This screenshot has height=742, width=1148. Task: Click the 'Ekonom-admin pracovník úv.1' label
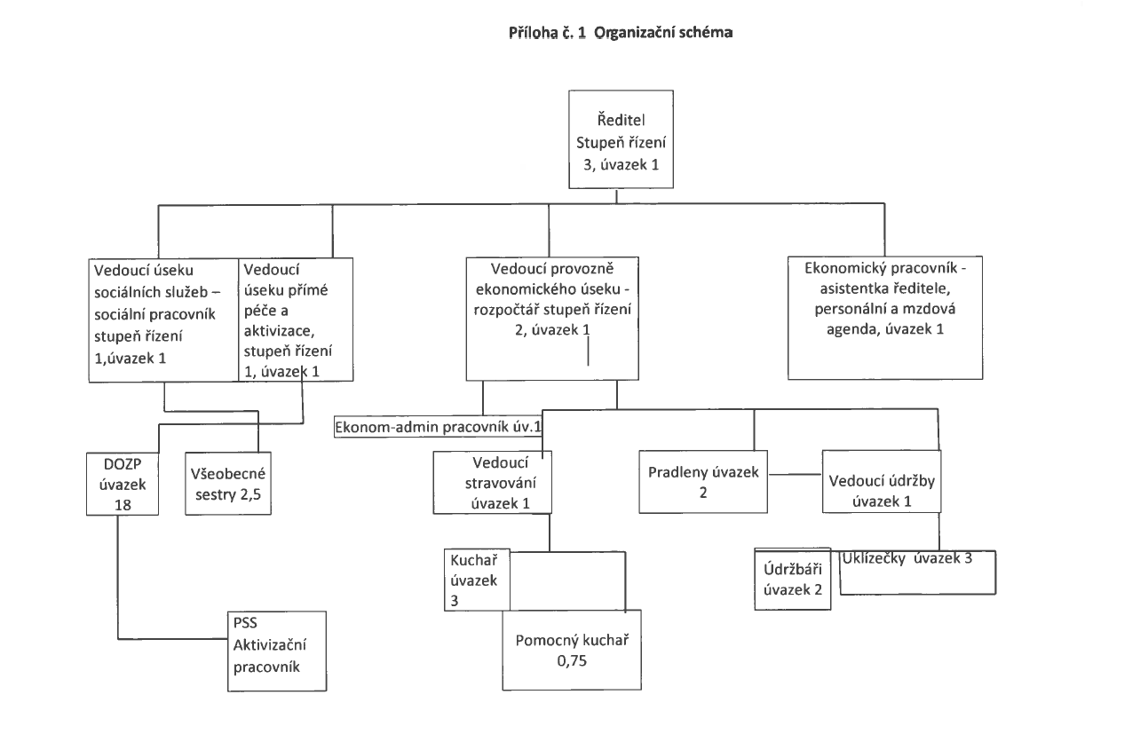(439, 427)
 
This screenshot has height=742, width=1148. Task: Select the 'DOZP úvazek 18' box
(123, 483)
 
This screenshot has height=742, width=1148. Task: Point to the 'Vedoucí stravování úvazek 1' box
(492, 482)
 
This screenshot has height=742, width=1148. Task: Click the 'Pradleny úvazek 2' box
(701, 481)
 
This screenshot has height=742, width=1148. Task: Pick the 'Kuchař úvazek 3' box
(473, 579)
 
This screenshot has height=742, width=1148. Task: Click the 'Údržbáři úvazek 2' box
(791, 579)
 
